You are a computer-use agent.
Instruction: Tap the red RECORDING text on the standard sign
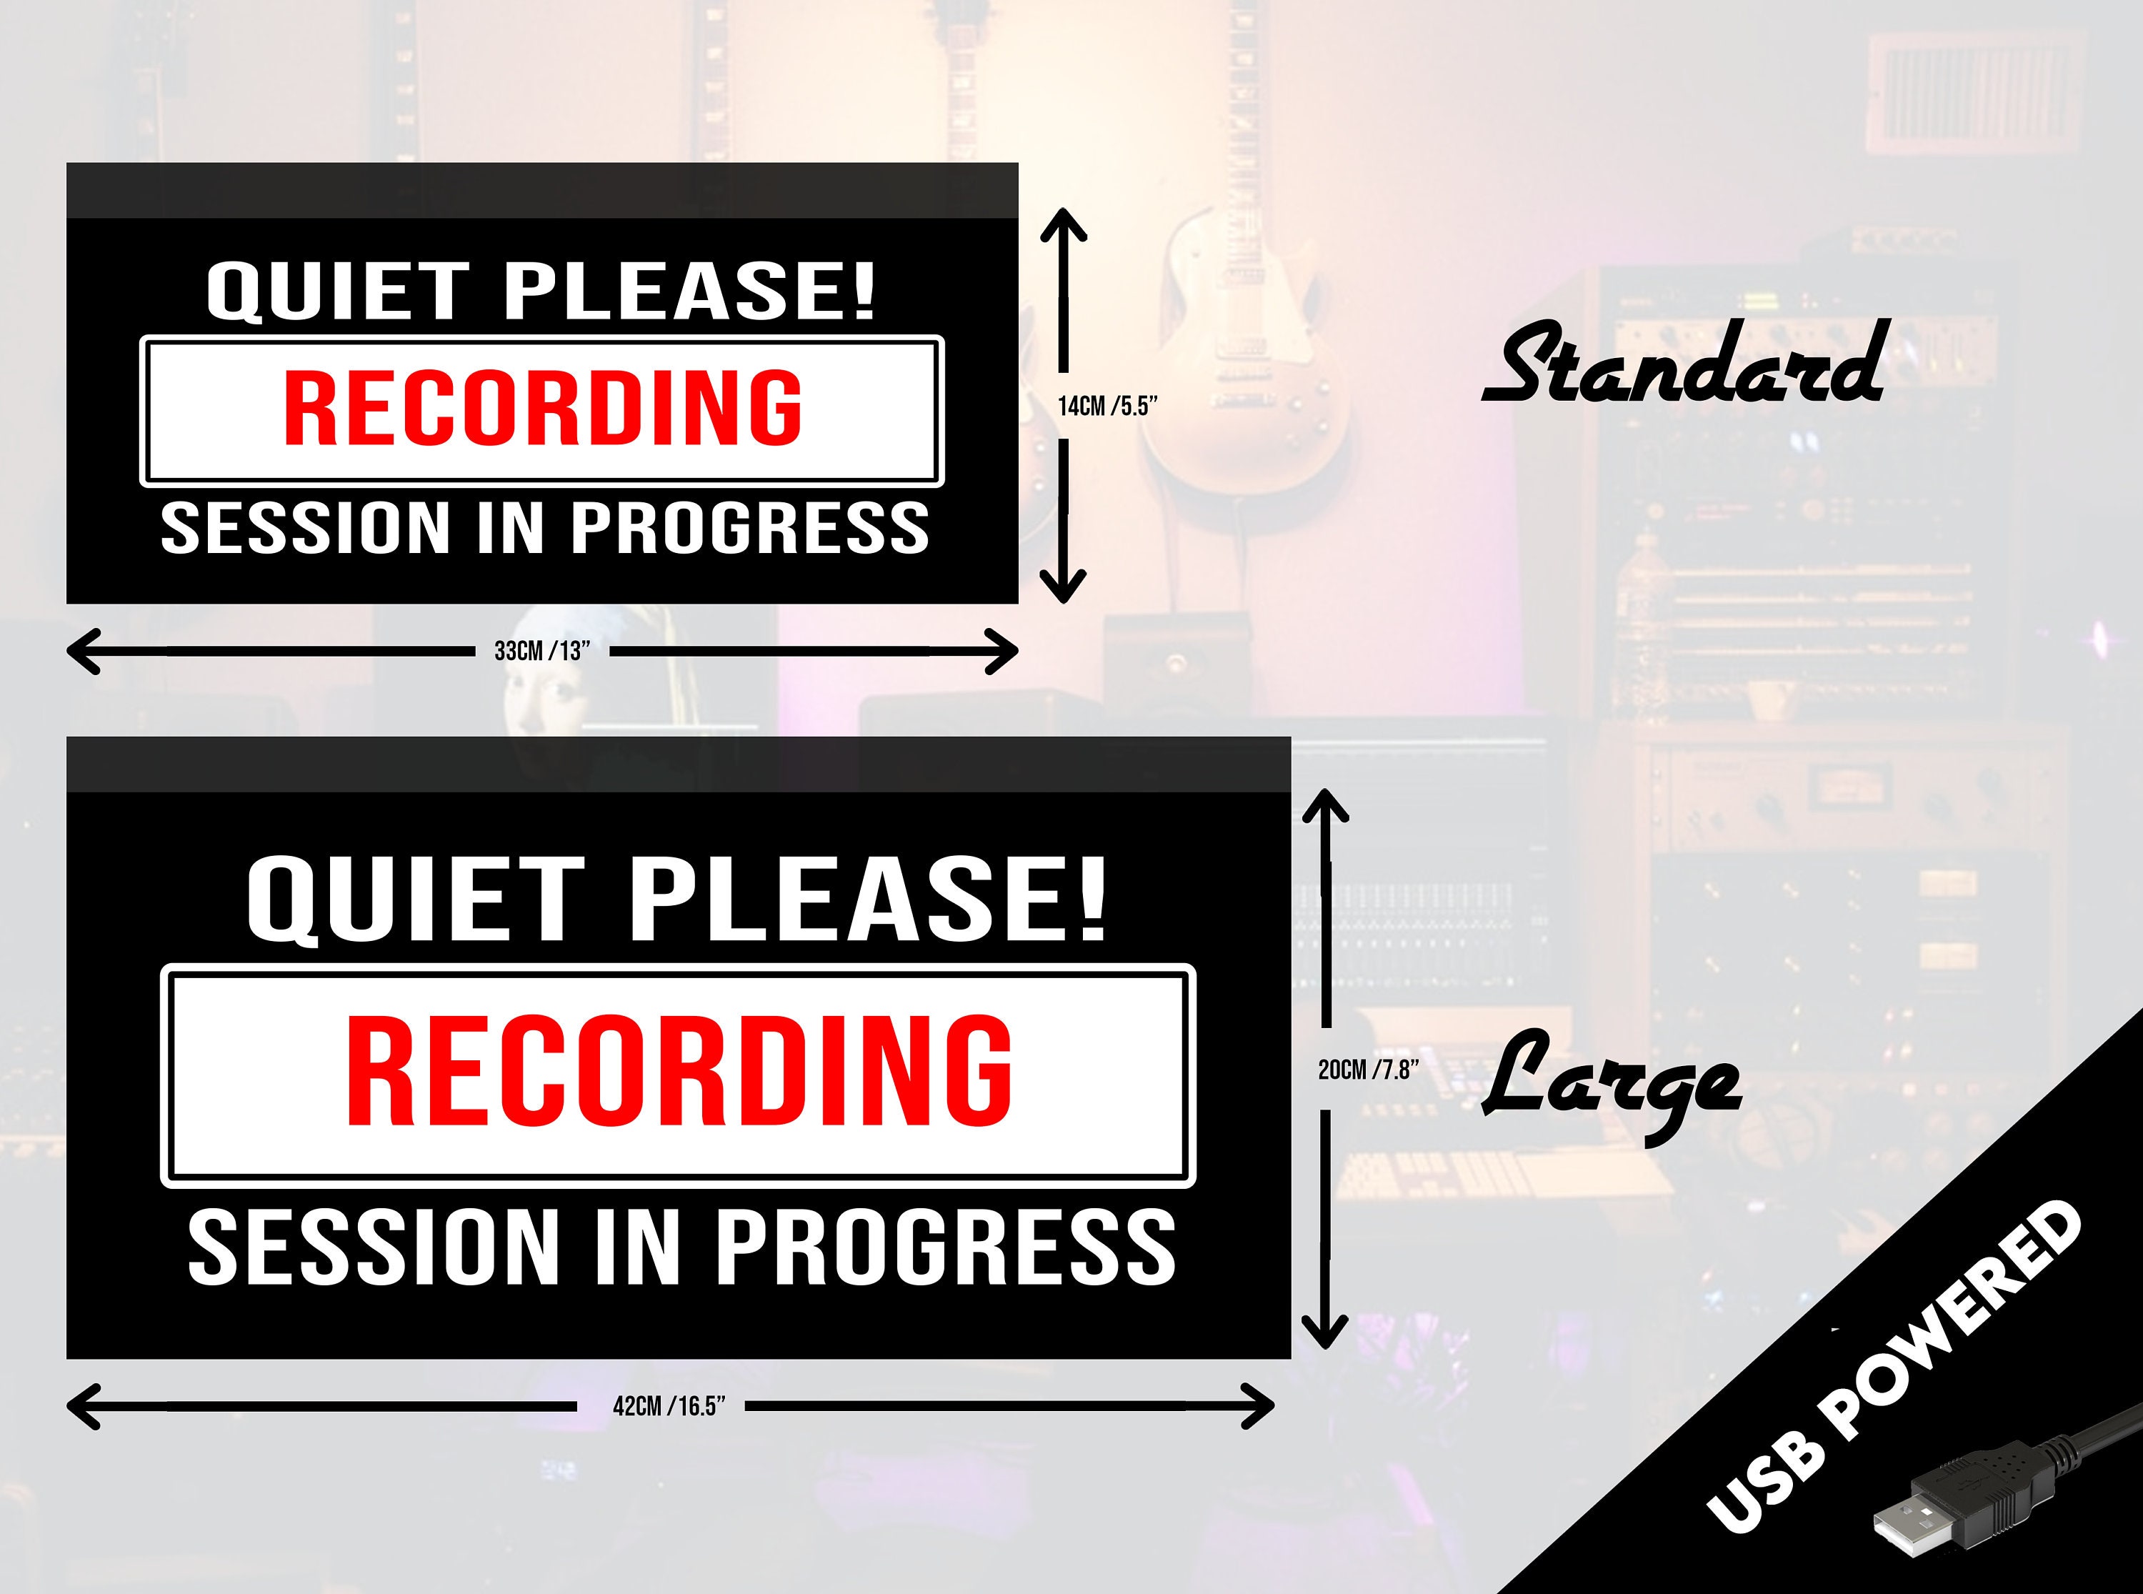(x=542, y=408)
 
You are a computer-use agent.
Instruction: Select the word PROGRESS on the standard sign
(x=749, y=528)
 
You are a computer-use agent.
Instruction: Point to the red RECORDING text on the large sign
(x=679, y=1072)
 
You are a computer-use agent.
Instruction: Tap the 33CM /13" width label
(x=541, y=652)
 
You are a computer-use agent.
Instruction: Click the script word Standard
(x=1683, y=364)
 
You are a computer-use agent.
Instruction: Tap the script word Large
(x=1611, y=1085)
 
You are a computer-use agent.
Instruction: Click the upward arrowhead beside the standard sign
(x=1064, y=226)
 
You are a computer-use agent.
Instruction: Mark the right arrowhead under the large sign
(x=1258, y=1406)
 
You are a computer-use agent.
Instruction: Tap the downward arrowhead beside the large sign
(x=1325, y=1333)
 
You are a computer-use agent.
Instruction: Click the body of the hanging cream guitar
(x=1244, y=386)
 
